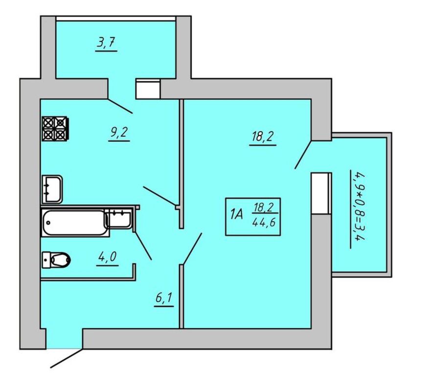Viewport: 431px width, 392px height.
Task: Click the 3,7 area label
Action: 106,43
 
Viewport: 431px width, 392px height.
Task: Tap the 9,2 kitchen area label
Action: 119,132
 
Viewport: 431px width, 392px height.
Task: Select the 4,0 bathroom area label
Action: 108,257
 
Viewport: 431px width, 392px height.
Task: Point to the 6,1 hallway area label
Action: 164,297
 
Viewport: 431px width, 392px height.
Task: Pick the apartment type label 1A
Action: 237,214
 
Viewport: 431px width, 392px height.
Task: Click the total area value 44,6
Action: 264,222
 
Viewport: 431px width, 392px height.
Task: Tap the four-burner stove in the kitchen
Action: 55,128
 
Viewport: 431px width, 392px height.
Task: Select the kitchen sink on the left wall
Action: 52,189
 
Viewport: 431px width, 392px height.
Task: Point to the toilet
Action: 56,260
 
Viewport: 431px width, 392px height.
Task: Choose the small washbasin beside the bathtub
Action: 118,219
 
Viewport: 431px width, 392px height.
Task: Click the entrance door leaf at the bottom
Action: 67,358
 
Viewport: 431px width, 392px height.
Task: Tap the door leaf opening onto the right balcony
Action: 303,154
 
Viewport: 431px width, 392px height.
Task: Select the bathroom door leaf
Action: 143,246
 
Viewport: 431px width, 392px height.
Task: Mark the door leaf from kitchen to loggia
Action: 120,106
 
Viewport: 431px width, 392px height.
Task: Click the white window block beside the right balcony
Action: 321,193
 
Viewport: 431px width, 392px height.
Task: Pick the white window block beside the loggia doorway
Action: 148,89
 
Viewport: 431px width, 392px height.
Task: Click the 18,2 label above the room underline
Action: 263,137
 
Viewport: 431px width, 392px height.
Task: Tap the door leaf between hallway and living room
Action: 192,249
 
